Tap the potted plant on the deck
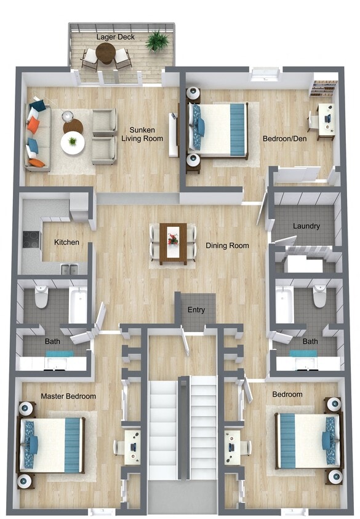pos(157,42)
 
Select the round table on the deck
pos(106,54)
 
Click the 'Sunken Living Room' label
pos(146,134)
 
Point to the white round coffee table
pos(73,143)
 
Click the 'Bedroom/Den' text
pos(282,138)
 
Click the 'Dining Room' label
pos(227,246)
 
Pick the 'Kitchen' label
pos(66,242)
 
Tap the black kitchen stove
pos(31,239)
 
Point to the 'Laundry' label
pos(306,226)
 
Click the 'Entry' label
pos(196,310)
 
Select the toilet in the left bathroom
pos(42,298)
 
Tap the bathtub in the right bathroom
pos(284,304)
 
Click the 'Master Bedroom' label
pos(68,397)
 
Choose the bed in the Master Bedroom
pos(54,445)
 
